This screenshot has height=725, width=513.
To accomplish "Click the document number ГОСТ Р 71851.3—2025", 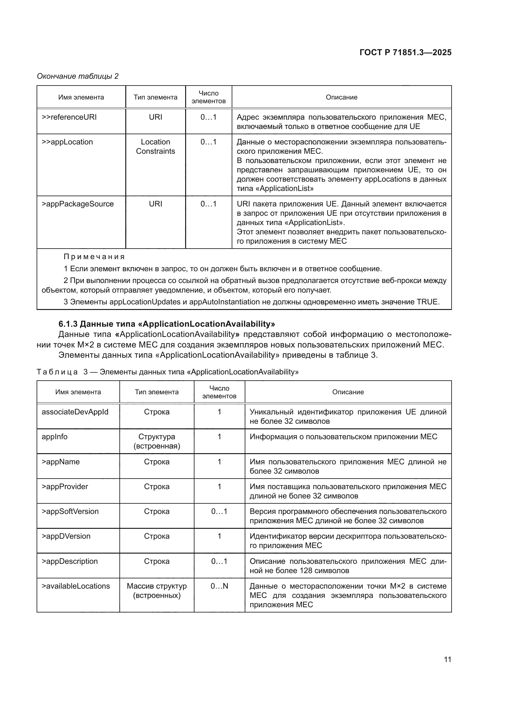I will (x=405, y=52).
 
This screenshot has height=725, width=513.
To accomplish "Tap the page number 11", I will (x=447, y=659).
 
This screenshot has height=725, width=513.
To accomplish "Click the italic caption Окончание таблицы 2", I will (x=78, y=76).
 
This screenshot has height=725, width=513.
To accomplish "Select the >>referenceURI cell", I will (x=69, y=117).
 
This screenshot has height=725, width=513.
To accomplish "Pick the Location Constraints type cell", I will (x=155, y=147).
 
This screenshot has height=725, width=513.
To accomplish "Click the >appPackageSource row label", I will (x=78, y=204).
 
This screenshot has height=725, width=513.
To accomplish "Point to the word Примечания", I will (x=94, y=256).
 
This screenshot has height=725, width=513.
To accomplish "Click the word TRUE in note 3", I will (x=428, y=302).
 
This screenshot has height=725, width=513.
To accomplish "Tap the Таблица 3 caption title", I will (x=167, y=372).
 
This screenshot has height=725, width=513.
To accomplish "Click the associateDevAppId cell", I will (x=75, y=412).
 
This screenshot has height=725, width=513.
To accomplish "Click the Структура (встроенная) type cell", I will (x=157, y=441).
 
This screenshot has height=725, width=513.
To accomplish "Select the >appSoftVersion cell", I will (x=70, y=511).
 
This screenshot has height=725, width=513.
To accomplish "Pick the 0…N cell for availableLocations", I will (x=219, y=586).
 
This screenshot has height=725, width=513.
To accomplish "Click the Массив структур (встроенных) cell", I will (x=157, y=590).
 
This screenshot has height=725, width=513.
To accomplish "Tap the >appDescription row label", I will (x=70, y=561).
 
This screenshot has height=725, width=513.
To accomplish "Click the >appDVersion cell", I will (x=66, y=536).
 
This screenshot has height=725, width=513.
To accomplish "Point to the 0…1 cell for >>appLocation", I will (x=208, y=142).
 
